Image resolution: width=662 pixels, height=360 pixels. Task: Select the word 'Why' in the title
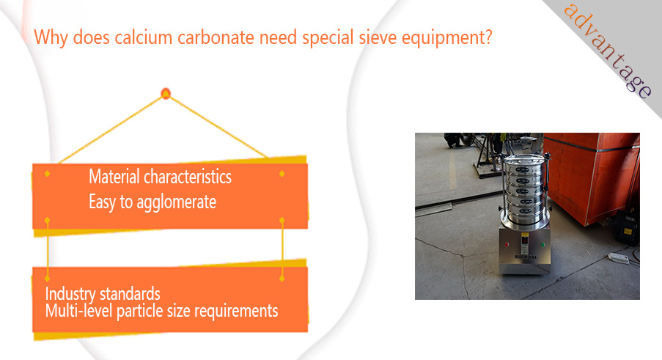pyautogui.click(x=51, y=38)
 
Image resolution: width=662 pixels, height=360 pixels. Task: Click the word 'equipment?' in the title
pyautogui.click(x=447, y=38)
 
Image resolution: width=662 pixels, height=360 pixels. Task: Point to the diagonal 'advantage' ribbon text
pyautogui.click(x=608, y=51)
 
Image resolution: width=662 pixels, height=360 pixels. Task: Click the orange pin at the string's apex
pyautogui.click(x=166, y=93)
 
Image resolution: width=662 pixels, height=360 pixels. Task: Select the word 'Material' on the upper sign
pyautogui.click(x=114, y=177)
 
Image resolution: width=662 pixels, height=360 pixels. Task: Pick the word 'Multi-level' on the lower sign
pyautogui.click(x=79, y=311)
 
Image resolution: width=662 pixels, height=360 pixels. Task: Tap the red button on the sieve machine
pyautogui.click(x=507, y=244)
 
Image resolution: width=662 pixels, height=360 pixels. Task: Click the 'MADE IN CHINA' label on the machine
pyautogui.click(x=525, y=257)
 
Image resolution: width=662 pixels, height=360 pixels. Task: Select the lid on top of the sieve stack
pyautogui.click(x=523, y=159)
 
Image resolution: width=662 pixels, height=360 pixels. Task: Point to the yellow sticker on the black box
pyautogui.click(x=628, y=231)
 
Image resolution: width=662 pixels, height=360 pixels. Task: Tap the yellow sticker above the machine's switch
pyautogui.click(x=525, y=234)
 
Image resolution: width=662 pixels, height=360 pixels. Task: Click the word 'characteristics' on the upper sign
pyautogui.click(x=188, y=177)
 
